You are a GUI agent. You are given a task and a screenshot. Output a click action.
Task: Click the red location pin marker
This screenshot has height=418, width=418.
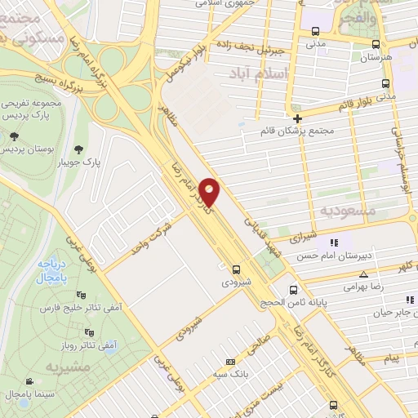[210, 192]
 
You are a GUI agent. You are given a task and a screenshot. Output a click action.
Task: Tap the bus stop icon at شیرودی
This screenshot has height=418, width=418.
[236, 269]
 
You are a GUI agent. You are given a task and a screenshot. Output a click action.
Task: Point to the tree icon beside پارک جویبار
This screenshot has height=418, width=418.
[79, 149]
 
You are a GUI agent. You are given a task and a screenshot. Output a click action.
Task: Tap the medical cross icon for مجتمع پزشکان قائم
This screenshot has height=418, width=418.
[297, 118]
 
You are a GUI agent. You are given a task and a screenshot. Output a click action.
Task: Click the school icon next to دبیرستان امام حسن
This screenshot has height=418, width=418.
[333, 242]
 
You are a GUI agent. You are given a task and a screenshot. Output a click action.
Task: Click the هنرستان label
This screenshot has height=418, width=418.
[376, 58]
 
